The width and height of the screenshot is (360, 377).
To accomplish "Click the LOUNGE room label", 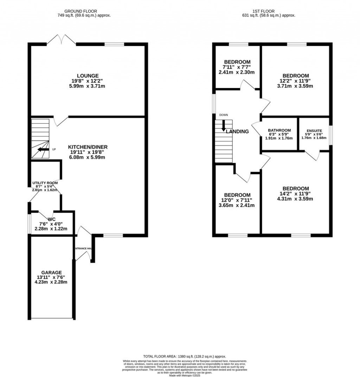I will pos(88,76).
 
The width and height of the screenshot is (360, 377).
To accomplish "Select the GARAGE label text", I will pos(51,272).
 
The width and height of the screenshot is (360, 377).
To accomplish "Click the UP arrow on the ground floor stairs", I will pos(43,149).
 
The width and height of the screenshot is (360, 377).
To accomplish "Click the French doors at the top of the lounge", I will pos(61,40).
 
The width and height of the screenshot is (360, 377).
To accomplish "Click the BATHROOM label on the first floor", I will pos(279,130).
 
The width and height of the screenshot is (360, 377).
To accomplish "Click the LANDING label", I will pos(237,132).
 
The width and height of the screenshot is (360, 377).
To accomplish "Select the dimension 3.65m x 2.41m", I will pos(237,205).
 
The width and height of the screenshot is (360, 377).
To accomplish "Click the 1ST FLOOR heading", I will pos(269,11).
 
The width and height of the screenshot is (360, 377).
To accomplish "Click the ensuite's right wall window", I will pos(330,134).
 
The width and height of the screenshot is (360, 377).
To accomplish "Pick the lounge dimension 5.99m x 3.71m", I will pos(88,86).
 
